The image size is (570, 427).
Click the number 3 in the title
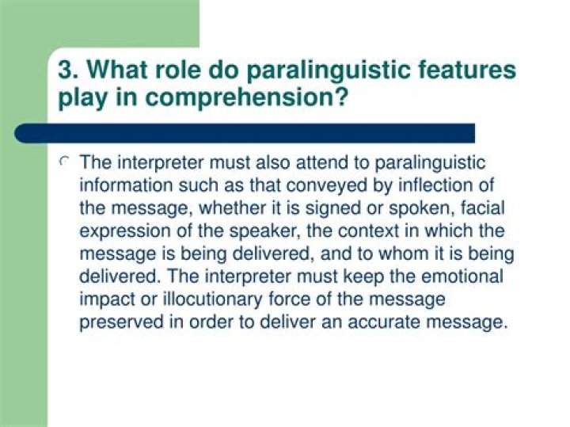coord(66,70)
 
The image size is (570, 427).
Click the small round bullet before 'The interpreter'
coord(66,162)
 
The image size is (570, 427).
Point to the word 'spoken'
coord(416,209)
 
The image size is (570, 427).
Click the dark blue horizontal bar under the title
coord(245,132)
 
